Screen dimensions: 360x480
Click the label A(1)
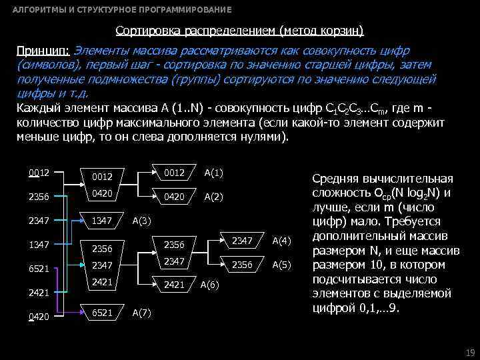213,173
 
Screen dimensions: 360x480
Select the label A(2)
213,197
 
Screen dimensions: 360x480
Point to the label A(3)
141,220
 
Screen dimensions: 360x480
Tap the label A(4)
282,240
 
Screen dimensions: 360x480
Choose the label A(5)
282,264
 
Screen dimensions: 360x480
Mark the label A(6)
210,285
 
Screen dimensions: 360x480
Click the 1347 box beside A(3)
102,220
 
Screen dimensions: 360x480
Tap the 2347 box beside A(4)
241,240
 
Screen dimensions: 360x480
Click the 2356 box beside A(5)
241,264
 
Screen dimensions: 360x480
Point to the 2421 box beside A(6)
173,285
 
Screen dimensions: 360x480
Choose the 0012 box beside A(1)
174,173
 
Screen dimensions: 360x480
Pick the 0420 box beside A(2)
174,197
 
